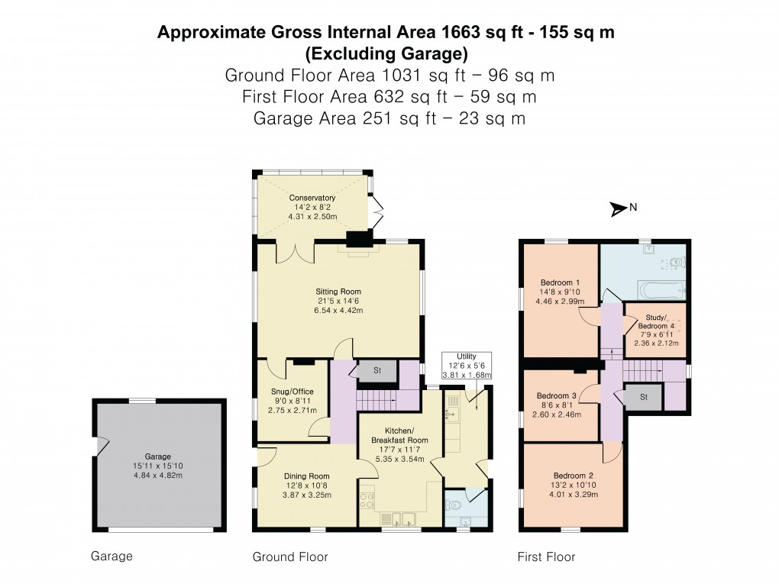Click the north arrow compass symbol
click(x=618, y=207)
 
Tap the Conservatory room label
click(x=312, y=198)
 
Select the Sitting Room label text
click(x=338, y=292)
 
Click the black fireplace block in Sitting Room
click(x=357, y=240)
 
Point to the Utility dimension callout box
click(x=466, y=366)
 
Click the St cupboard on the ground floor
click(x=377, y=371)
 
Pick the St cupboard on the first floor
click(x=643, y=397)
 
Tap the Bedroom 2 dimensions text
click(x=560, y=493)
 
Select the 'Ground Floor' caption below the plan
click(x=290, y=557)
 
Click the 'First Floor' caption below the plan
click(x=546, y=557)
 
